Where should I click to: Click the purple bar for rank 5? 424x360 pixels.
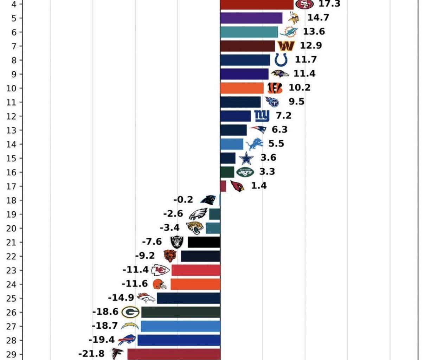[251, 18]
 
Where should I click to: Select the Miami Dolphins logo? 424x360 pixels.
[289, 32]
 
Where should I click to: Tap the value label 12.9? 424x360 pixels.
[311, 46]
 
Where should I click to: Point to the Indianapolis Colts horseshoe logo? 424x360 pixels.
[281, 60]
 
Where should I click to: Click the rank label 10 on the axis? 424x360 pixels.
[11, 88]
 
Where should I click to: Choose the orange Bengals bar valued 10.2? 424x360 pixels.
[242, 88]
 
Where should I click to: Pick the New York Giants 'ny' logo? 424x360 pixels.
[262, 116]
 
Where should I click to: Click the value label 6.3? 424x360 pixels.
[280, 130]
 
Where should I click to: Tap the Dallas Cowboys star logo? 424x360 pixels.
[246, 158]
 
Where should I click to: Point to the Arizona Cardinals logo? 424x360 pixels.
[237, 186]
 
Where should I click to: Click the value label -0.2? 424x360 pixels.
[183, 200]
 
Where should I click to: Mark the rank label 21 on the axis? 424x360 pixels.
[11, 242]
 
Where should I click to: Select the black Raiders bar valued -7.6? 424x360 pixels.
[204, 242]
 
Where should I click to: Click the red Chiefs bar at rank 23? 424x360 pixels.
[196, 270]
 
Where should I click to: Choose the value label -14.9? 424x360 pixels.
[121, 298]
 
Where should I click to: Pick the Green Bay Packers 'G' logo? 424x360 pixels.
[130, 312]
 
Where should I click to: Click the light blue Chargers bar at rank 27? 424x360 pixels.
[180, 326]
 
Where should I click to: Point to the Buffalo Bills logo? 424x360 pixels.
[127, 340]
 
